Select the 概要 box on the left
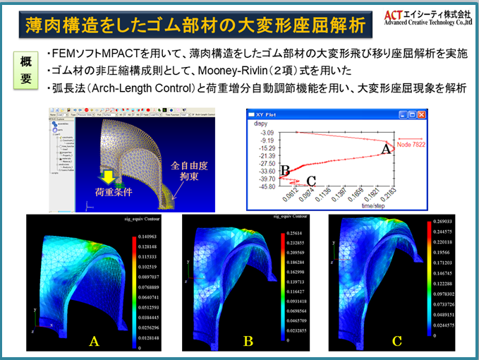click(x=26, y=68)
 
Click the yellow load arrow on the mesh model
click(x=107, y=174)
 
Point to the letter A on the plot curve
click(x=386, y=149)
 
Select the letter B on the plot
click(x=285, y=169)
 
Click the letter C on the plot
click(x=311, y=180)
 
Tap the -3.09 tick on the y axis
click(x=269, y=133)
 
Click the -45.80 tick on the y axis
click(x=268, y=187)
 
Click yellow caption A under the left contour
click(x=93, y=342)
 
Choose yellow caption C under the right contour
click(x=397, y=342)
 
